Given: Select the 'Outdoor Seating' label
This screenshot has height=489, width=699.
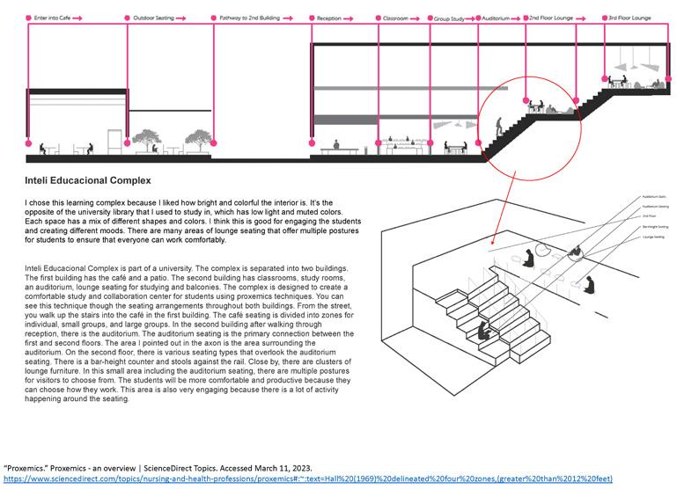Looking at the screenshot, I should tap(153, 17).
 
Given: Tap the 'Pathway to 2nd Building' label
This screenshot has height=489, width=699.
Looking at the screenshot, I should tap(245, 17).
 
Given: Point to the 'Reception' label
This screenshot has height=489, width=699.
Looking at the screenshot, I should tap(328, 17).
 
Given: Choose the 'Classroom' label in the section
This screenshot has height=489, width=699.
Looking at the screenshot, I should tap(395, 17).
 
